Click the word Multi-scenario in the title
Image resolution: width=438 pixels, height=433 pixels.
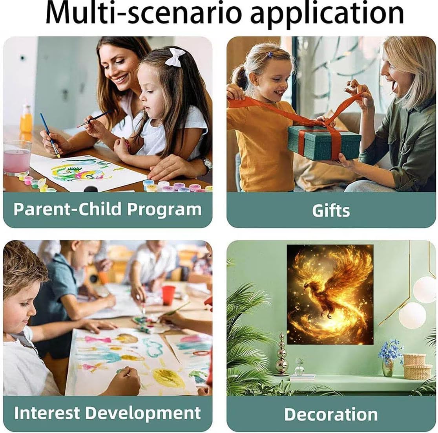(x=143, y=13)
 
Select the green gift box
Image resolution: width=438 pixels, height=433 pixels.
(x=324, y=142)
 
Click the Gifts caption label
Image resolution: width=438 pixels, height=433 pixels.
(x=331, y=211)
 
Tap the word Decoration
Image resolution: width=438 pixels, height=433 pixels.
(x=331, y=414)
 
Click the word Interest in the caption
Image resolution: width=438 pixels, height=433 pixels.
(x=47, y=413)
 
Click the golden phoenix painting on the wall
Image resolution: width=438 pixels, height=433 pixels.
(x=330, y=295)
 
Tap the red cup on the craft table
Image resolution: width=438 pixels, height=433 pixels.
(x=168, y=295)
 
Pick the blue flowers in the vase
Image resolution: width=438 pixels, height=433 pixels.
(x=391, y=350)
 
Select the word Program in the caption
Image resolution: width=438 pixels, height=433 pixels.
(x=164, y=210)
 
